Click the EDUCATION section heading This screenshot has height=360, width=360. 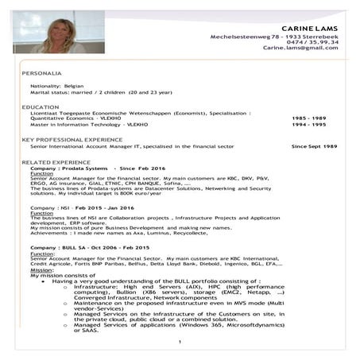[x=40, y=106]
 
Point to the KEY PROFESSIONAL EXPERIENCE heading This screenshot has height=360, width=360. [x=72, y=140]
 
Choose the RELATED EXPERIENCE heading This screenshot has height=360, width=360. [x=56, y=162]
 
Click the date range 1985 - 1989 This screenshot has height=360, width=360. [x=309, y=118]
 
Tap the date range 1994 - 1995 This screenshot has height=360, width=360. [x=309, y=125]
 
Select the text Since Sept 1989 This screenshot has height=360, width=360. [x=314, y=147]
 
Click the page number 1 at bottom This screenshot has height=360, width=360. [x=180, y=342]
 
